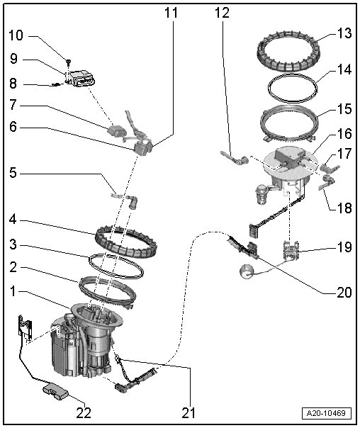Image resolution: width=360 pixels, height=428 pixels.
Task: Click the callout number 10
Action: point(16,35)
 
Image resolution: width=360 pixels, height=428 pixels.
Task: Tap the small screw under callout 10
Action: point(69,62)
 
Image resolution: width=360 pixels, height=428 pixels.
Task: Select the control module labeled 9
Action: point(82,79)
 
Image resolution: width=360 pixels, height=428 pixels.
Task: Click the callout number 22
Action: point(83,413)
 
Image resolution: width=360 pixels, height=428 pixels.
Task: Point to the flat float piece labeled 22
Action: point(56,393)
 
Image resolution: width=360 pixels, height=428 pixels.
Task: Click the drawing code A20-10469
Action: point(326,413)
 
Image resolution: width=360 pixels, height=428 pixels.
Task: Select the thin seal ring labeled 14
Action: point(292,88)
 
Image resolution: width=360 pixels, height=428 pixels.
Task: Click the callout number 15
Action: point(344,109)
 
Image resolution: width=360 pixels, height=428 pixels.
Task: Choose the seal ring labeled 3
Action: point(116,266)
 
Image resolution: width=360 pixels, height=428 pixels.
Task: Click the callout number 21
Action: point(189,413)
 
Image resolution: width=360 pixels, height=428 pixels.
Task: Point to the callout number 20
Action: point(344,293)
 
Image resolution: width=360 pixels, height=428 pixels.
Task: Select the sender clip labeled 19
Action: point(291,250)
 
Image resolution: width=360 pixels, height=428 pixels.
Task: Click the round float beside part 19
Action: point(247,272)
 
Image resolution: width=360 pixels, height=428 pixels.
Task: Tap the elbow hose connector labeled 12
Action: point(235,158)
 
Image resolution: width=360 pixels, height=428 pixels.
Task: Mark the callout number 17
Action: point(344,154)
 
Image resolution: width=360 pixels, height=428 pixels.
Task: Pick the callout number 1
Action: point(13,291)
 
